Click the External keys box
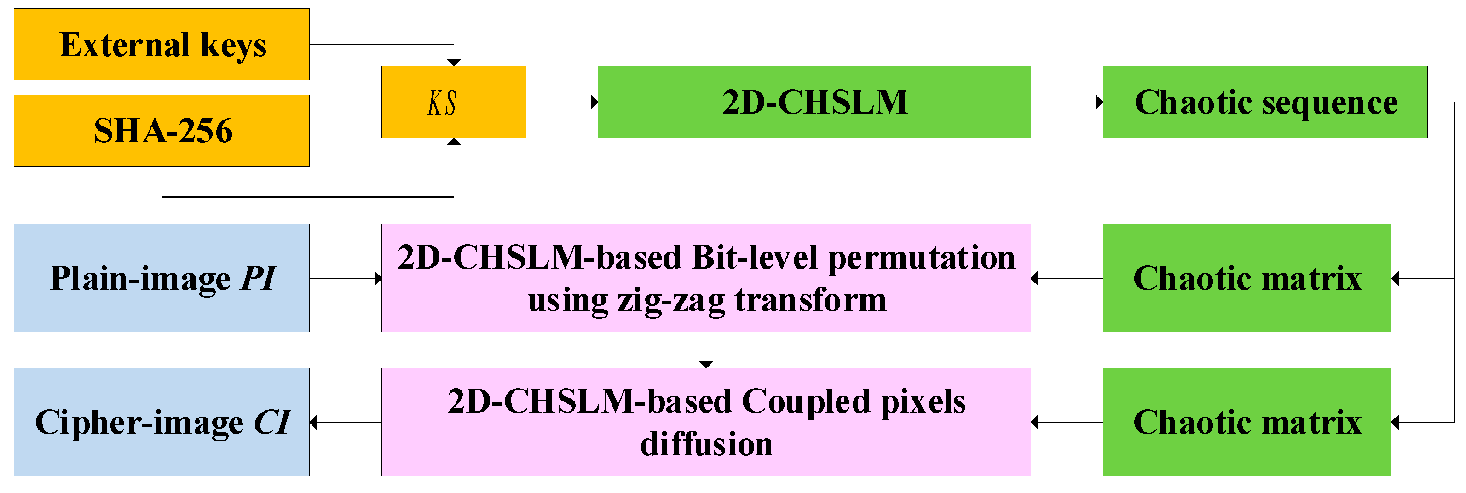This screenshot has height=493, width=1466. [162, 44]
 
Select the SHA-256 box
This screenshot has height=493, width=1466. [162, 131]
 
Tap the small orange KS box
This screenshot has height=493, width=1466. [454, 103]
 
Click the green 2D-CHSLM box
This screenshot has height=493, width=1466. [814, 103]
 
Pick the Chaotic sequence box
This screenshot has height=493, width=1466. [1264, 103]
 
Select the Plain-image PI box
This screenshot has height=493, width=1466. [162, 278]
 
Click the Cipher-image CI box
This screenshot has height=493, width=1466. [162, 422]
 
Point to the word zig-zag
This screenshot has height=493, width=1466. [671, 300]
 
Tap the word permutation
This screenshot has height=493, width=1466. [921, 258]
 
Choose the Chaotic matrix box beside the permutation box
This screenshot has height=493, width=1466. [1247, 278]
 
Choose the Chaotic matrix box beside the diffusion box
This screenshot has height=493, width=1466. [1247, 422]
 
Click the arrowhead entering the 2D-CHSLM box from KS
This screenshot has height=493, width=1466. [594, 103]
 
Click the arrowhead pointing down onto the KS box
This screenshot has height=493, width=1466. [454, 63]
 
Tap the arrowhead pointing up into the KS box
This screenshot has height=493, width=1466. [454, 142]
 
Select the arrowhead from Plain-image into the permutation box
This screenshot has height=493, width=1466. [378, 278]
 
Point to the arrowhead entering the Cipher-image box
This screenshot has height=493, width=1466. [313, 422]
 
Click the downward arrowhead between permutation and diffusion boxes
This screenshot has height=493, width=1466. [706, 365]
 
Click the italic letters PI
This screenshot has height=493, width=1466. [258, 278]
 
